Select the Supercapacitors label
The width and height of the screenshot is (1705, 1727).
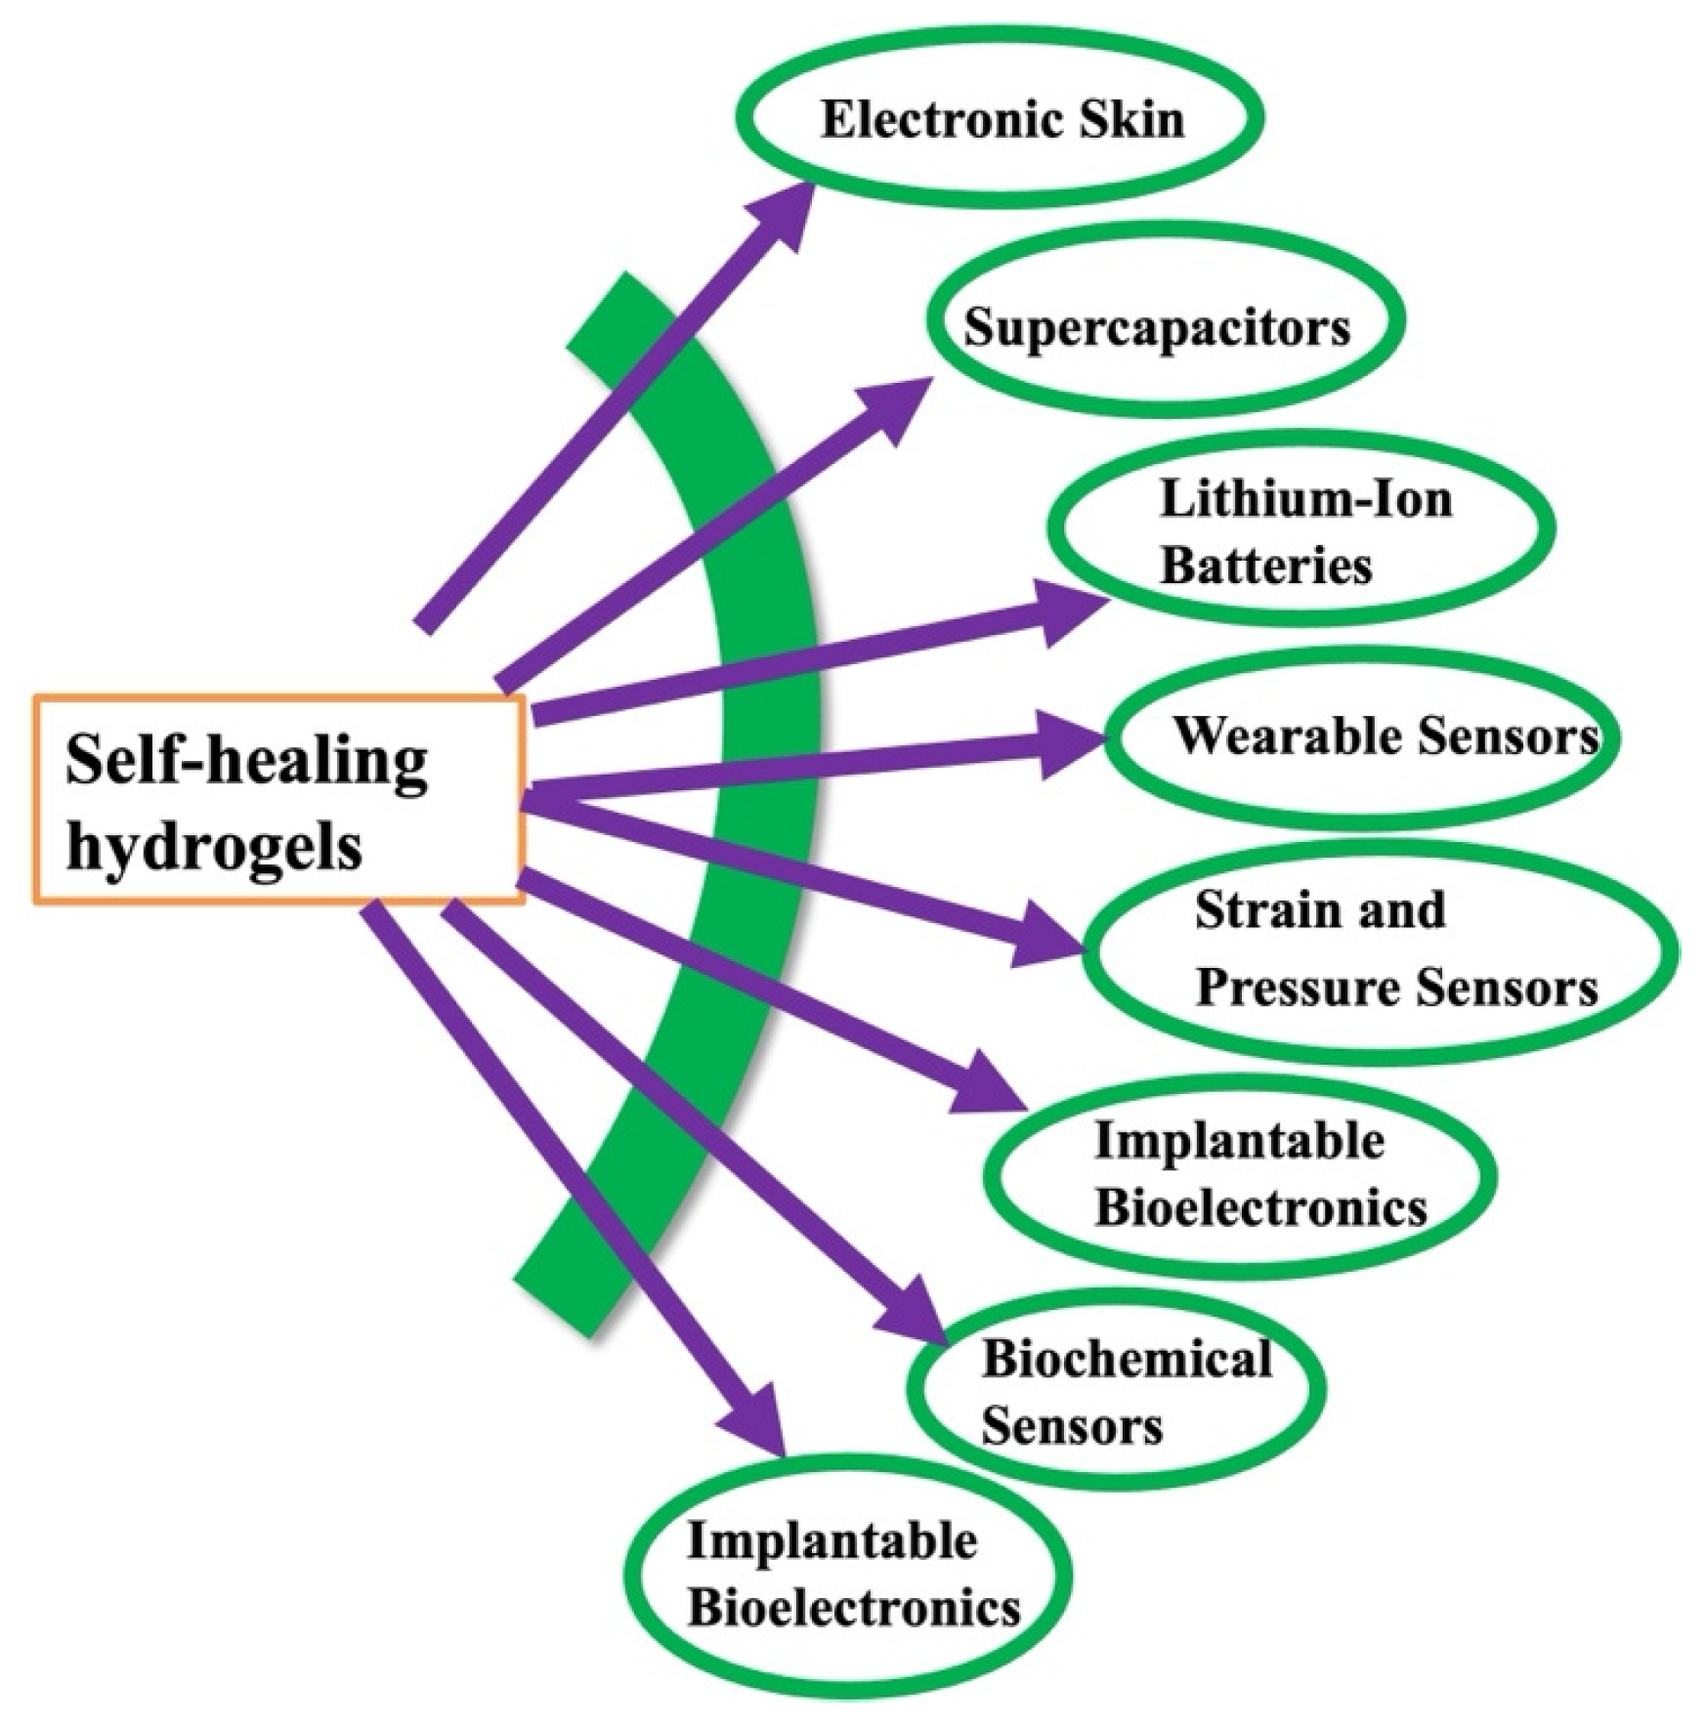click(1157, 328)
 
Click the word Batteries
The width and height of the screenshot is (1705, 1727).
click(1266, 566)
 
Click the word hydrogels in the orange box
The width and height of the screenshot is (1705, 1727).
click(214, 844)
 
